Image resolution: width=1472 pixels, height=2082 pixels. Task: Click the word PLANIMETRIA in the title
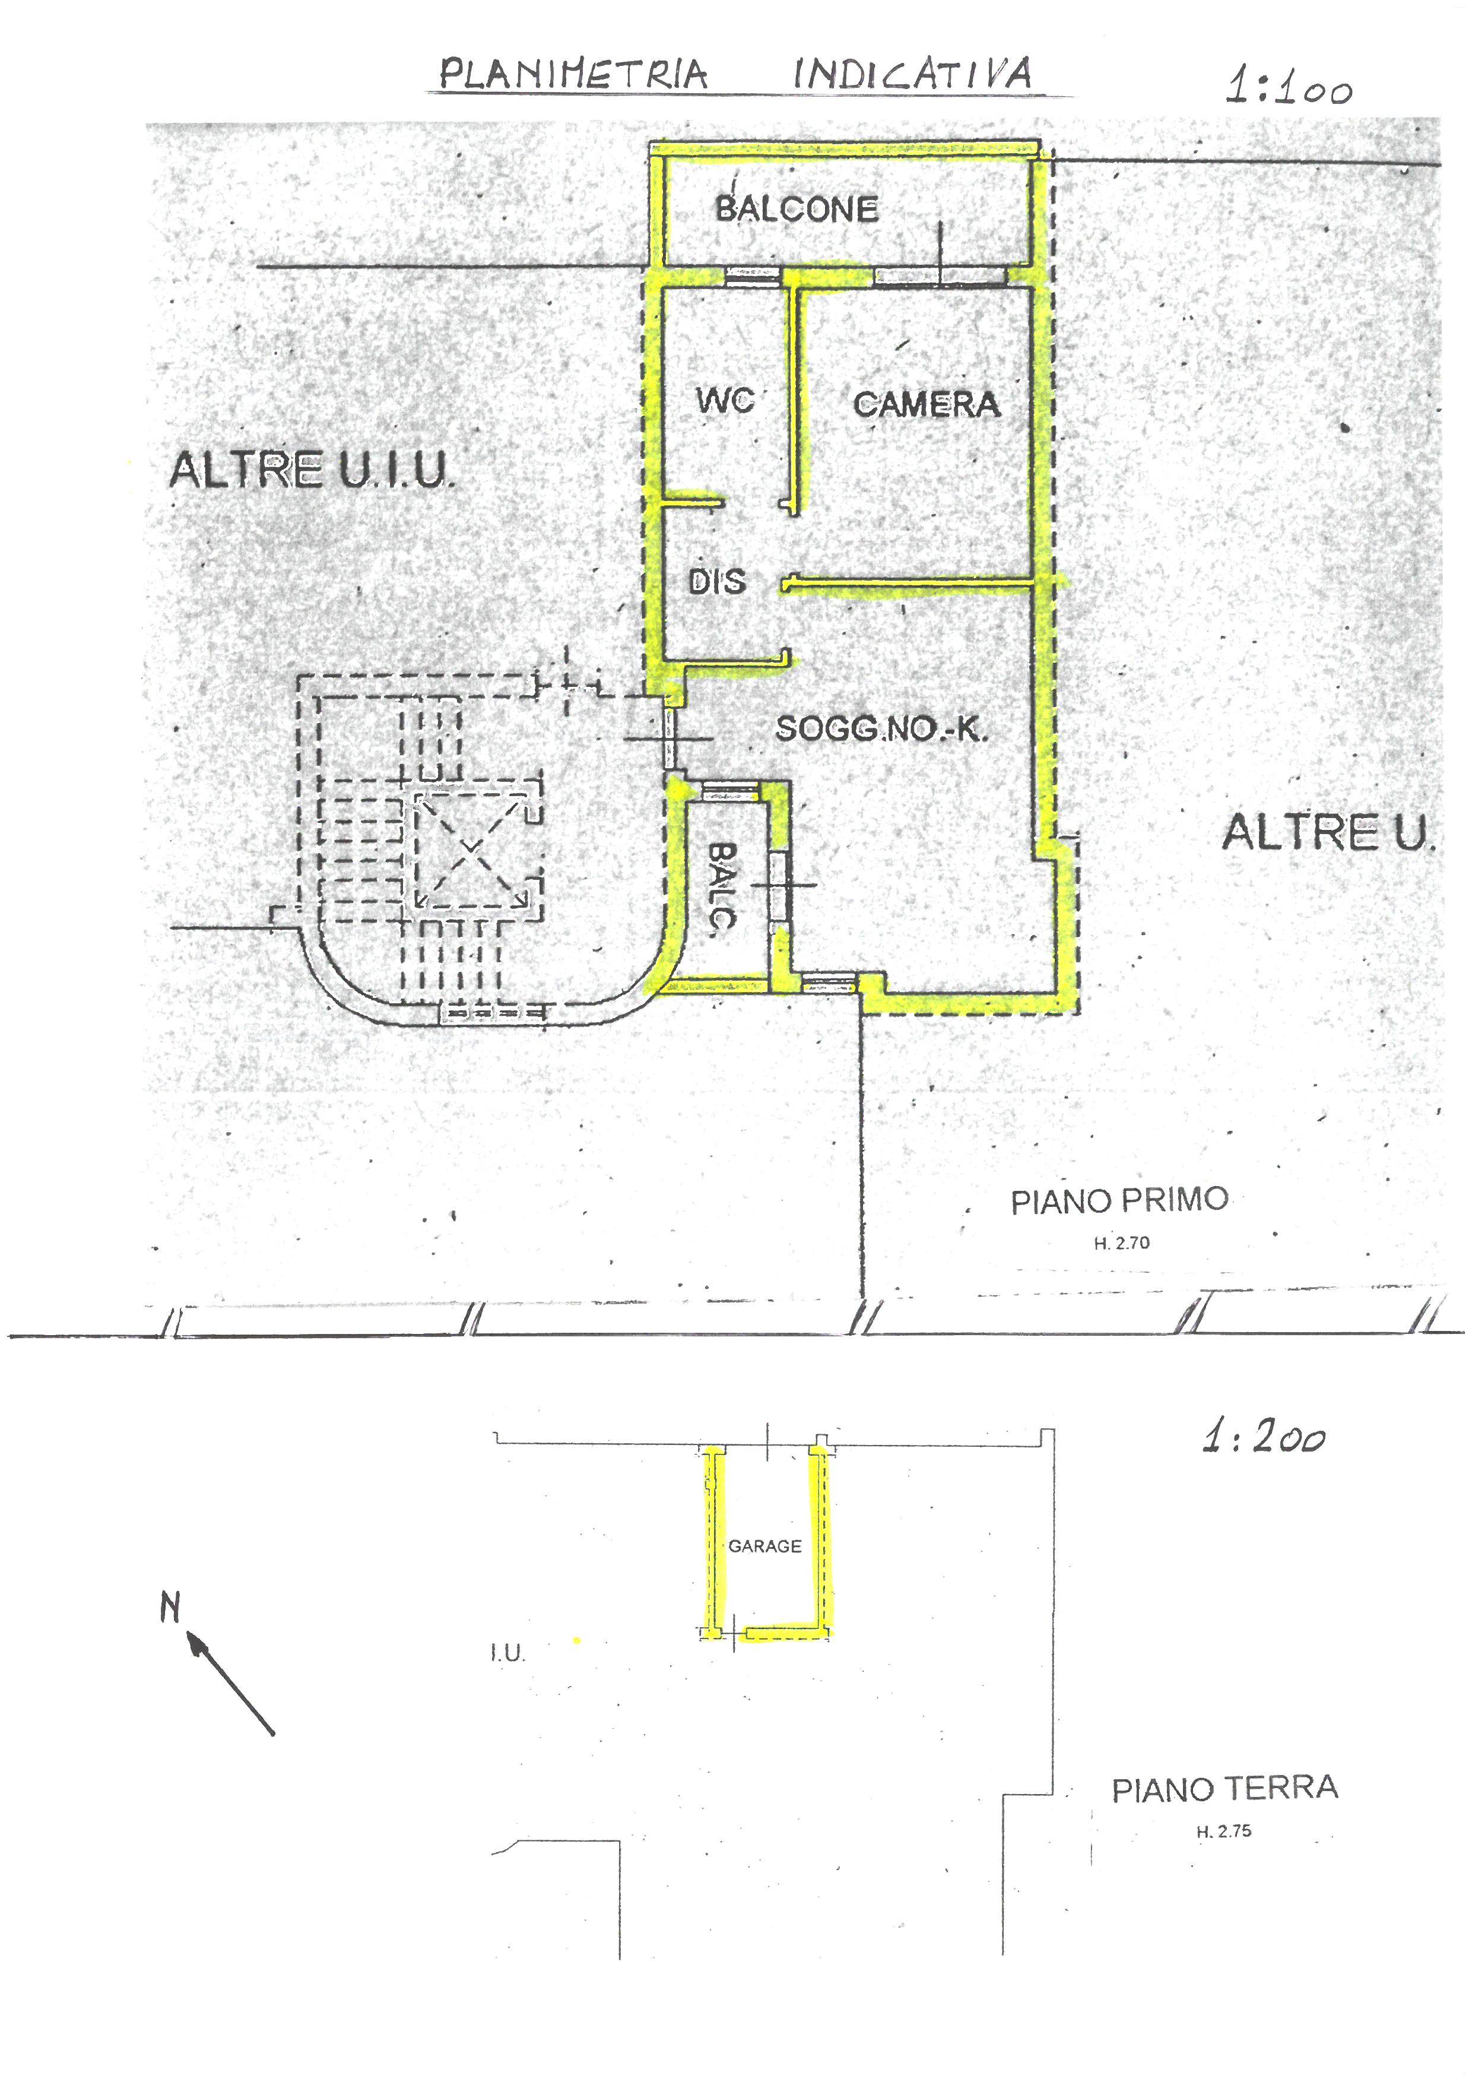point(573,74)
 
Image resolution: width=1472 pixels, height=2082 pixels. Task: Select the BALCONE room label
point(797,210)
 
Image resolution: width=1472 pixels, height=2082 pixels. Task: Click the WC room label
point(725,400)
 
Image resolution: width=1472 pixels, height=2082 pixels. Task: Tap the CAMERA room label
point(927,404)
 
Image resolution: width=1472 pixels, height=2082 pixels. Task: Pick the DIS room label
point(717,581)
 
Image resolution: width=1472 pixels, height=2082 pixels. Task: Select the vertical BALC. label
point(722,889)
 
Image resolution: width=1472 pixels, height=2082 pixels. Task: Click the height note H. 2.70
point(1121,1243)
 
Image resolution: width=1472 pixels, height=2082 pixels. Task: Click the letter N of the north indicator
point(170,1608)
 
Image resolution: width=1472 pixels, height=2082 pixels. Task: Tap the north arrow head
point(195,1640)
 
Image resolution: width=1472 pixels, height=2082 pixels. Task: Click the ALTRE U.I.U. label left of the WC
point(310,471)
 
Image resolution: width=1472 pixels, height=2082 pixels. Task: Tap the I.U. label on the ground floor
point(507,1653)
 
